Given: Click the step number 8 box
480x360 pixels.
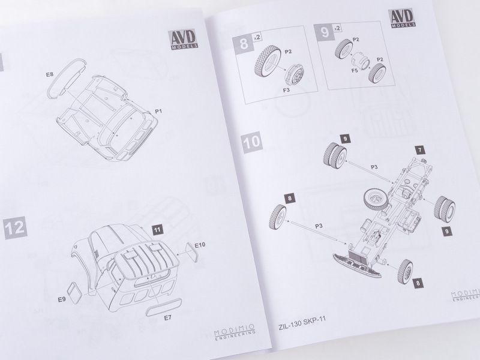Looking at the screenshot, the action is pos(244,43).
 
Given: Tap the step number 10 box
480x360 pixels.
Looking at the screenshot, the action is pos(252,141).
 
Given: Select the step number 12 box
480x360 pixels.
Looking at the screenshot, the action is pos(16,228).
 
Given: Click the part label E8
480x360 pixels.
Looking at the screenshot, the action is pos(50,74).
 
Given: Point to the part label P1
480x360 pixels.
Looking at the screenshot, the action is pos(158,111).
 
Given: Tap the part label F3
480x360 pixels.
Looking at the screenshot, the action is pos(286,91).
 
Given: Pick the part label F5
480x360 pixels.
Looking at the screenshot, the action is pos(355,71).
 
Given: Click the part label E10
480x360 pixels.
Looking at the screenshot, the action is pos(200,245).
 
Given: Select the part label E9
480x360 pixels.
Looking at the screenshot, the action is pos(62,299).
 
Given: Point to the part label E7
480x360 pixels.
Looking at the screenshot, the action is pos(167,318).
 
